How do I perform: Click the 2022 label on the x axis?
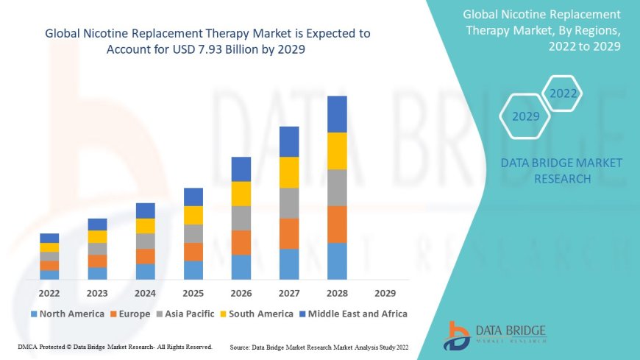click(49, 292)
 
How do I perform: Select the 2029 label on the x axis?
click(385, 292)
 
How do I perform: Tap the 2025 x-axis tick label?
click(193, 292)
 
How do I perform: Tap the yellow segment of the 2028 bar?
click(337, 151)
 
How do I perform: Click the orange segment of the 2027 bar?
click(289, 233)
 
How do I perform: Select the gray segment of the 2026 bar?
click(241, 218)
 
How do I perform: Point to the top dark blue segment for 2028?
click(337, 114)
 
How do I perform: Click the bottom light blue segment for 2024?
click(145, 272)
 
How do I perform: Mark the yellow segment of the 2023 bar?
click(97, 236)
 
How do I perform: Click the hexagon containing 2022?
click(563, 93)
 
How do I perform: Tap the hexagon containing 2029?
click(525, 116)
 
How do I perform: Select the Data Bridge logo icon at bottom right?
click(457, 335)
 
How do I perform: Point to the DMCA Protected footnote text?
click(114, 346)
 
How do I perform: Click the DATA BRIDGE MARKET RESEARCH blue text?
click(561, 171)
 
